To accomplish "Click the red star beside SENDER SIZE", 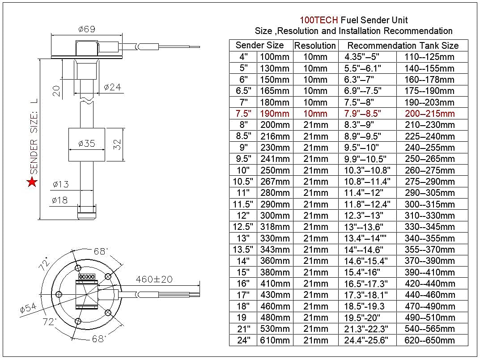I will coord(32,182).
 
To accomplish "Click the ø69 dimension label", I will coord(86,29).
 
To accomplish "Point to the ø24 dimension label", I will coord(112,87).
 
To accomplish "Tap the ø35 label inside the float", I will coord(86,144).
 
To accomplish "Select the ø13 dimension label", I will coord(60,184).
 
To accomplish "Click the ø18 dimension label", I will coord(60,200).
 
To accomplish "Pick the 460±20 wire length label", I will coord(154,280).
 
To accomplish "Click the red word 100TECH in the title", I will coord(319,20).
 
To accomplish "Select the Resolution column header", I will coord(315,46).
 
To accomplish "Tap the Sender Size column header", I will coord(259,45).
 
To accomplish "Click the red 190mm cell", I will coord(275,114).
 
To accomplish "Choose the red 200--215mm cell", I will coord(429,114).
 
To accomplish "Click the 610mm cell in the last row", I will coord(275,340).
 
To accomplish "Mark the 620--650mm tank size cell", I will coord(429,340).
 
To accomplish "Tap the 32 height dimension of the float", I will coord(118,144).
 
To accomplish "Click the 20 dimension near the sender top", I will coord(56,91).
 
